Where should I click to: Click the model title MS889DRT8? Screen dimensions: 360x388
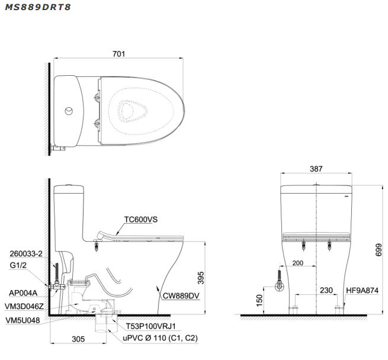point(37,9)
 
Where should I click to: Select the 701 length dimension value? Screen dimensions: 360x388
point(118,54)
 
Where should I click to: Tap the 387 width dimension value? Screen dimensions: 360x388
point(316,169)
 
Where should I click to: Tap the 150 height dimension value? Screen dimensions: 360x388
point(259,301)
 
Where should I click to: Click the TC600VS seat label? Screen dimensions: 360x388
point(141,218)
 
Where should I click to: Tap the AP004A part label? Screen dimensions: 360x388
point(23,292)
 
